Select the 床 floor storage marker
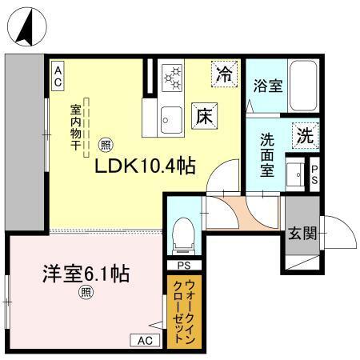[x=202, y=116]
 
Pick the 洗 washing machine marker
[x=304, y=135]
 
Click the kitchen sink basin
[x=170, y=118]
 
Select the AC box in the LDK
[x=58, y=77]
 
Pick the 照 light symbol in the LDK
[x=105, y=146]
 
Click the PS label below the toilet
[x=183, y=265]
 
